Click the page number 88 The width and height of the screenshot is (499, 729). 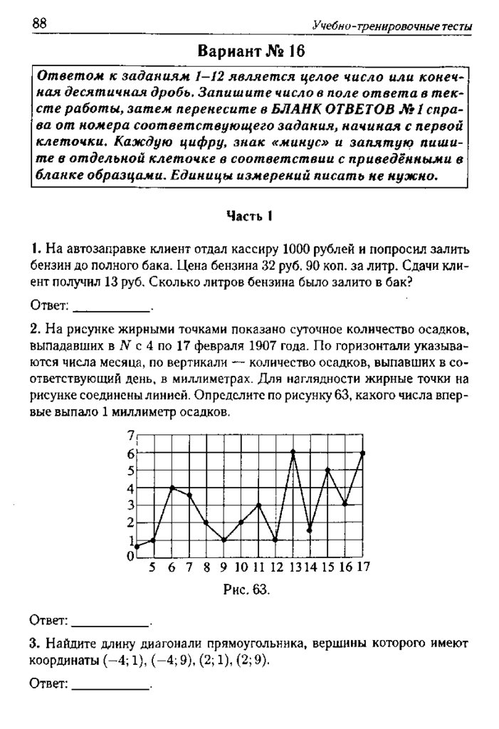pyautogui.click(x=38, y=24)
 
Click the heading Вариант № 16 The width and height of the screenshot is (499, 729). pyautogui.click(x=250, y=53)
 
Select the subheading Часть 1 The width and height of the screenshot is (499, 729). pyautogui.click(x=250, y=216)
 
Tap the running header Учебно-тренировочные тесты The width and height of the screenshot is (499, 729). pyautogui.click(x=392, y=26)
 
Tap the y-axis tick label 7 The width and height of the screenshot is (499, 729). pyautogui.click(x=130, y=436)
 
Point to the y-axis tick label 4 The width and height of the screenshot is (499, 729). pyautogui.click(x=130, y=488)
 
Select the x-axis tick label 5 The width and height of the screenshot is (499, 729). pyautogui.click(x=152, y=567)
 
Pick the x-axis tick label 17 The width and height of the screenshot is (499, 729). pyautogui.click(x=363, y=567)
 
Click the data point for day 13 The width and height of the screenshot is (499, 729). pyautogui.click(x=293, y=453)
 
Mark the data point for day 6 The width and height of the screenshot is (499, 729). pyautogui.click(x=171, y=488)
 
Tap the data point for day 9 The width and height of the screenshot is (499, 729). pyautogui.click(x=224, y=540)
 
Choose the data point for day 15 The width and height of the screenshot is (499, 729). pyautogui.click(x=327, y=470)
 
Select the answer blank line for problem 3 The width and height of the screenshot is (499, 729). pyautogui.click(x=112, y=688)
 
